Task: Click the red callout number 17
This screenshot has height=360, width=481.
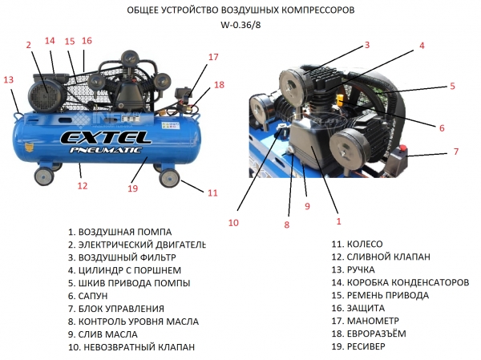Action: pyautogui.click(x=213, y=57)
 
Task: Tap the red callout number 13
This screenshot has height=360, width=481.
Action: pyautogui.click(x=9, y=80)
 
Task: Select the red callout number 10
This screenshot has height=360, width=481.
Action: pyautogui.click(x=233, y=223)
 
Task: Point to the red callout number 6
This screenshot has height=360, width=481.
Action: pyautogui.click(x=442, y=128)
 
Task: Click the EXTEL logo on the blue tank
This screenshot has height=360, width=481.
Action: pyautogui.click(x=106, y=137)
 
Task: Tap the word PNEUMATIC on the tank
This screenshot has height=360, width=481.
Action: pyautogui.click(x=106, y=150)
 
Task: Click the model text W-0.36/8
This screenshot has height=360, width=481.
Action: pyautogui.click(x=240, y=25)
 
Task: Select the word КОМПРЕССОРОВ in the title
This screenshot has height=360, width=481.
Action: pyautogui.click(x=317, y=10)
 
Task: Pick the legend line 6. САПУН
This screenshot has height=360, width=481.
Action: pyautogui.click(x=87, y=296)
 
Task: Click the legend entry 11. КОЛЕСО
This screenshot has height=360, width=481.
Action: pyautogui.click(x=357, y=245)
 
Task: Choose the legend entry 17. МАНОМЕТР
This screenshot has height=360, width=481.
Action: pyautogui.click(x=365, y=321)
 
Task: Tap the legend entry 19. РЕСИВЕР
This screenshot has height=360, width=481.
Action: pyautogui.click(x=358, y=346)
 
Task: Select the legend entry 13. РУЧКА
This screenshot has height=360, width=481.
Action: pyautogui.click(x=353, y=269)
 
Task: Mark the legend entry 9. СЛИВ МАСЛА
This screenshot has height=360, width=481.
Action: pyautogui.click(x=103, y=334)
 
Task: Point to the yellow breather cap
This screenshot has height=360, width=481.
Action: pyautogui.click(x=340, y=99)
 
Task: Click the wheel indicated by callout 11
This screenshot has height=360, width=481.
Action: pyautogui.click(x=169, y=178)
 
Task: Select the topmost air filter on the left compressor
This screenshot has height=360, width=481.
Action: pyautogui.click(x=129, y=58)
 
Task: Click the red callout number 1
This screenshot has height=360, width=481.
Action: pyautogui.click(x=338, y=221)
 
